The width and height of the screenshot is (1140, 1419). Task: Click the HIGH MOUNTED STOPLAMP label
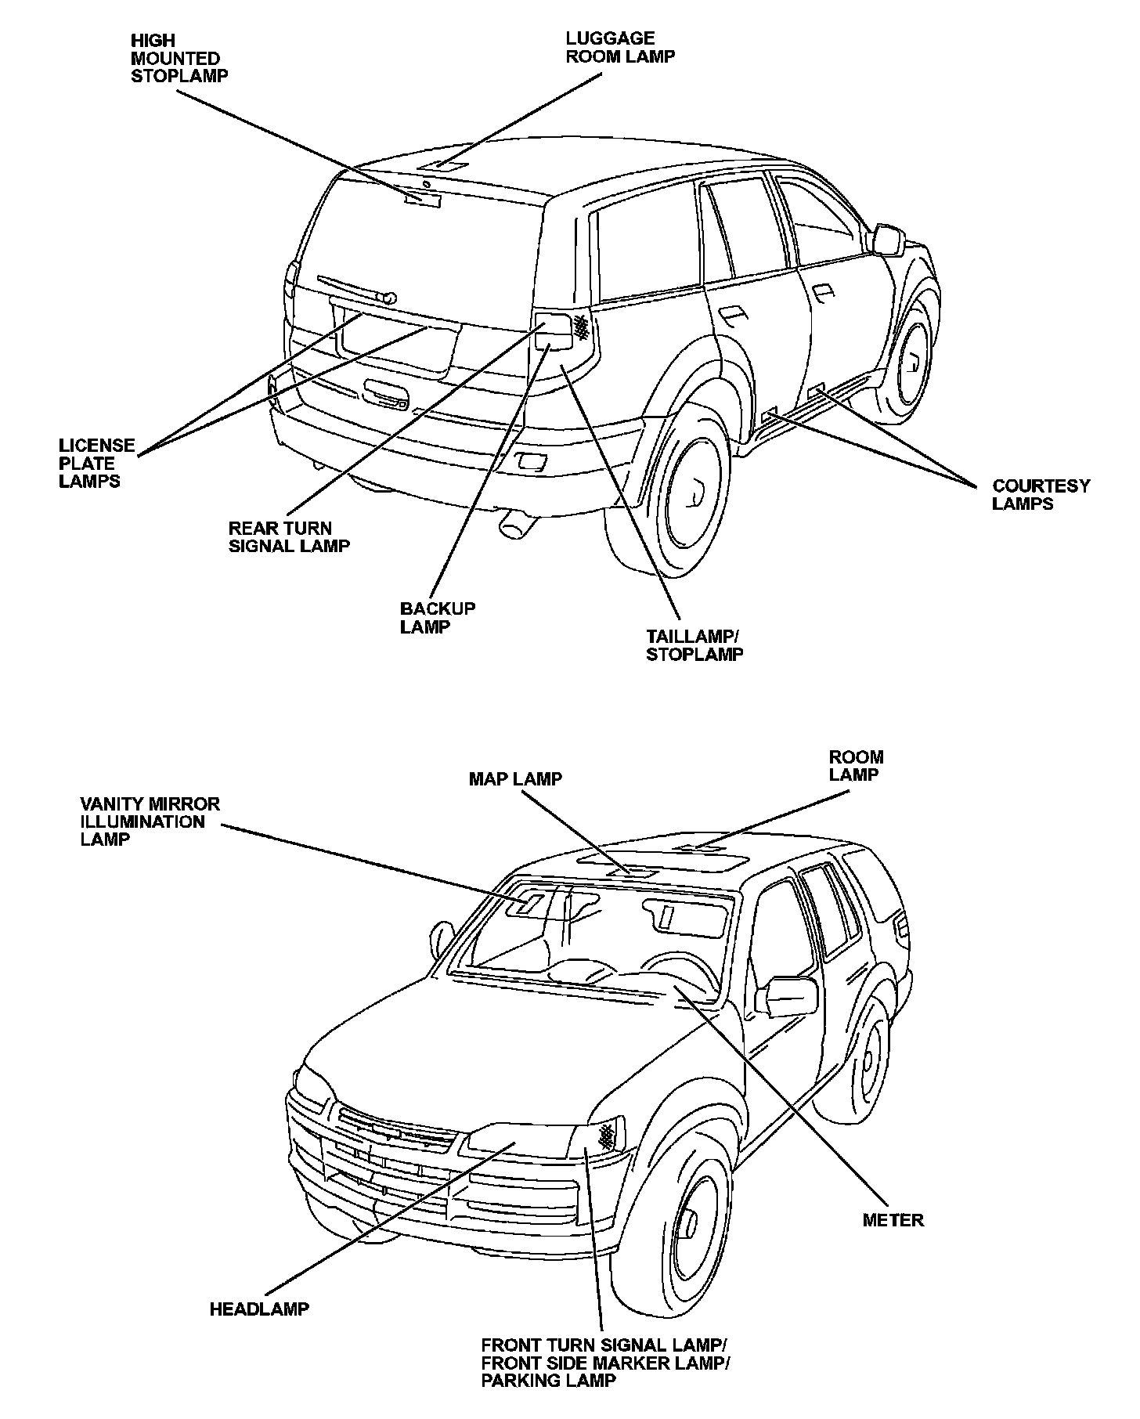pos(179,58)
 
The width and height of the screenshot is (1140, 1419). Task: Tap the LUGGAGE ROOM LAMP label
pos(620,47)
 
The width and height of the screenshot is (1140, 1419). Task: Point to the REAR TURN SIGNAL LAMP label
pos(288,537)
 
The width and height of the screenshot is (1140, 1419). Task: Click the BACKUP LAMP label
pos(437,618)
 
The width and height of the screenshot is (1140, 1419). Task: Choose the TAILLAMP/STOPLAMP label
pos(694,645)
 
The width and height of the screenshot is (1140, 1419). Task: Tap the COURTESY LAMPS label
pos(1040,495)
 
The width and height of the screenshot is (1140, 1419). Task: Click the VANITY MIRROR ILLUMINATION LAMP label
pos(150,821)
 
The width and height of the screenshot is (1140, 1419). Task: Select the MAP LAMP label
pos(514,779)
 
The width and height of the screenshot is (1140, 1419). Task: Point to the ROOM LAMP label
pos(856,766)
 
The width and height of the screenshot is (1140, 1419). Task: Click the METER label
pos(892,1220)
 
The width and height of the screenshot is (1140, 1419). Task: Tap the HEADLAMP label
pos(258,1309)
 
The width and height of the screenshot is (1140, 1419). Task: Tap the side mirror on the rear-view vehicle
pos(887,239)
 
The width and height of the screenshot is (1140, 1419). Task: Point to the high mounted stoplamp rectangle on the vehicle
pos(423,200)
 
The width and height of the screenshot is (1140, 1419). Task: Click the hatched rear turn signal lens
pos(581,327)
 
